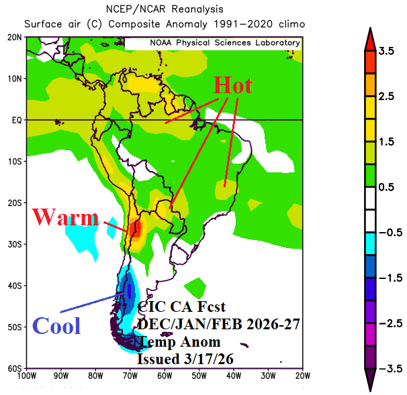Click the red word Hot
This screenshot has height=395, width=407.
232,86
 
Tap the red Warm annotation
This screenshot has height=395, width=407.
65,217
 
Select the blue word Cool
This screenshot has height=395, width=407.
56,326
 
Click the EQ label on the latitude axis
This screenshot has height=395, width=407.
15,120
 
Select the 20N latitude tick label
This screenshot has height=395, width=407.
13,38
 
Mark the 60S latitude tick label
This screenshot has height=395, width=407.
13,369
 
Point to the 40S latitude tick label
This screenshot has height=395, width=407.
13,286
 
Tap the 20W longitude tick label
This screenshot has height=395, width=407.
303,377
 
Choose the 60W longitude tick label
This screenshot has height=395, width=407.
165,377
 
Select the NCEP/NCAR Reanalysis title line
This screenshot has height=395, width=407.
165,9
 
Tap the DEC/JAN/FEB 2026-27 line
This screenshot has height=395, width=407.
218,324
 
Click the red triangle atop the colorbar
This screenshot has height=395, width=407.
369,40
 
